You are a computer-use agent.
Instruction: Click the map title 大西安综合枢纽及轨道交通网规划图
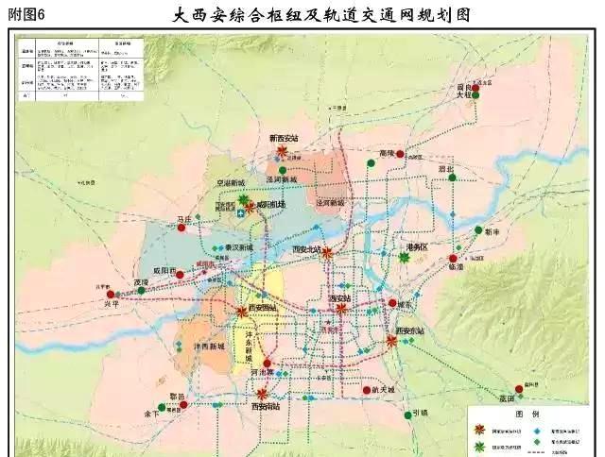click(x=322, y=15)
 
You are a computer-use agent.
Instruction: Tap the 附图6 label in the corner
click(x=26, y=14)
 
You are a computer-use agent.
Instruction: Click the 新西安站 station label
click(x=283, y=138)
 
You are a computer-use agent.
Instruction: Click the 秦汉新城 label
click(x=238, y=246)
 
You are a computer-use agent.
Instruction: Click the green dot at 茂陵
click(x=142, y=291)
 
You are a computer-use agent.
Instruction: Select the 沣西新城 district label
click(x=208, y=346)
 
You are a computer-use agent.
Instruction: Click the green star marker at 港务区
click(x=405, y=258)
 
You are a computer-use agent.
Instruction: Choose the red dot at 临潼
click(x=454, y=258)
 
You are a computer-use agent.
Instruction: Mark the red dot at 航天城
click(x=366, y=389)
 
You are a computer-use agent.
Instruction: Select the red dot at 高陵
click(x=400, y=154)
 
